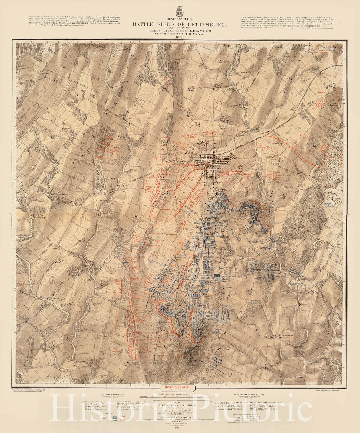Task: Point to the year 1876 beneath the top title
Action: coord(180,37)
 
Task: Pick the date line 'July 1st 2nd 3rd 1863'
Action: coord(179,28)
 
